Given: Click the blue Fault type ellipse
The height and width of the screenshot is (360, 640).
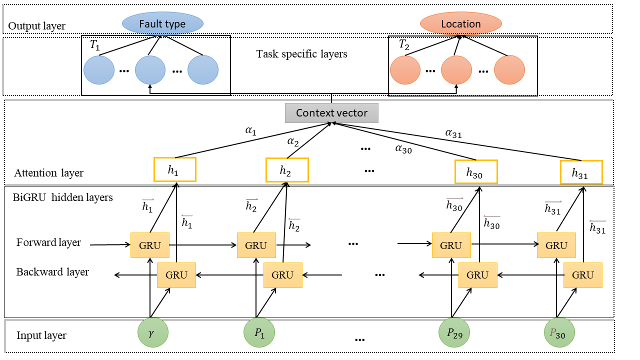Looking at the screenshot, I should point(162,24).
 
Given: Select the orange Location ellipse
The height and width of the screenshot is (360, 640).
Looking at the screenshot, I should point(460,24).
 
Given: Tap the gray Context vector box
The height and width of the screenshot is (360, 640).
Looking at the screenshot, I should point(331,113).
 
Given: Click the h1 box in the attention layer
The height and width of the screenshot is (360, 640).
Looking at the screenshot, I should point(174,169).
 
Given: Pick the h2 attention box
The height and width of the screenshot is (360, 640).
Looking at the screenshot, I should point(286,170).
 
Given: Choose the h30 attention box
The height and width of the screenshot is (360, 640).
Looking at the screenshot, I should point(476,171).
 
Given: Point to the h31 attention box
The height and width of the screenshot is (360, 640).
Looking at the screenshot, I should point(581,172).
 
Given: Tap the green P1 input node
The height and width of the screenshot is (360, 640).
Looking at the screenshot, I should point(259,332).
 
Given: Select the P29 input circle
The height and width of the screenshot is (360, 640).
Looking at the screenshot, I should point(454,332).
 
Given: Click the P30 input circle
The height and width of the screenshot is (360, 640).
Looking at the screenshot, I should point(559,332).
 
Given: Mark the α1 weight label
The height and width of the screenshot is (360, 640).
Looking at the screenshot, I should point(250,131).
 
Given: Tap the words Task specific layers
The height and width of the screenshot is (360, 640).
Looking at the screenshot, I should point(301,54).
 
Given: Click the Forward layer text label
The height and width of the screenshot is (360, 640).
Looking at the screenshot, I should point(48,243).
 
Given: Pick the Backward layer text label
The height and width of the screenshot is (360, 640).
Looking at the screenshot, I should point(52,272).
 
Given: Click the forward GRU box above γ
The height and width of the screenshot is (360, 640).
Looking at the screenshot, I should point(149,245).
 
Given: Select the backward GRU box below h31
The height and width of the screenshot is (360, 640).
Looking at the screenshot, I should point(582,275).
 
